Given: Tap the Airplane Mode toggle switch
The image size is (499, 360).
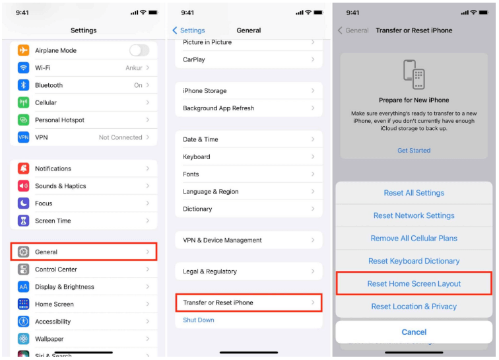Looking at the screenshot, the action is (x=139, y=50).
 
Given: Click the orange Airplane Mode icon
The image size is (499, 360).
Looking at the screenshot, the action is (x=23, y=50).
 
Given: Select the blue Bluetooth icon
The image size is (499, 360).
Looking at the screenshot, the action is (x=23, y=85).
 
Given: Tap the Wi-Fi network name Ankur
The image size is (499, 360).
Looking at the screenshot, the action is (x=133, y=68).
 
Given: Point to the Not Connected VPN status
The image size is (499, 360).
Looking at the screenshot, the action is (x=120, y=137).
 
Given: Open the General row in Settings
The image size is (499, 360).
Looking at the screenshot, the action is (x=84, y=252).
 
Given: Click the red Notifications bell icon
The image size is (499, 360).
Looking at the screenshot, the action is (x=23, y=168).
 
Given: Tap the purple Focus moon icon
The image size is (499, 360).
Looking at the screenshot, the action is (x=23, y=203).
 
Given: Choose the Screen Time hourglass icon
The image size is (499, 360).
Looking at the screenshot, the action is (x=23, y=221).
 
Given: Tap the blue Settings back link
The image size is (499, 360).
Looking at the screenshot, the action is (x=189, y=30).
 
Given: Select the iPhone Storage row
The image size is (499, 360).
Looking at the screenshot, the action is (x=249, y=90).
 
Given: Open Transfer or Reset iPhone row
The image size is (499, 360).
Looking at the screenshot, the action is (x=249, y=303).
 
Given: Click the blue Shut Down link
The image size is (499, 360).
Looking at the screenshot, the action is (x=199, y=320).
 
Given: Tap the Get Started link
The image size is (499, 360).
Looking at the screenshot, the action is (x=414, y=151).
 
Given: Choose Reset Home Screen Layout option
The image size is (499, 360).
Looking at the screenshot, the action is (x=414, y=283).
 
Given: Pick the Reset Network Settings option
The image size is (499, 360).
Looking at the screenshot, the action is (x=414, y=216).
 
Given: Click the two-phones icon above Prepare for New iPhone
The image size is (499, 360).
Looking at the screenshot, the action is (x=414, y=75).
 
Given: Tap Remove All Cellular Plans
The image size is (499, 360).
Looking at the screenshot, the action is (x=414, y=238).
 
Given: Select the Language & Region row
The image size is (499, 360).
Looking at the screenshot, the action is (x=249, y=192).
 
